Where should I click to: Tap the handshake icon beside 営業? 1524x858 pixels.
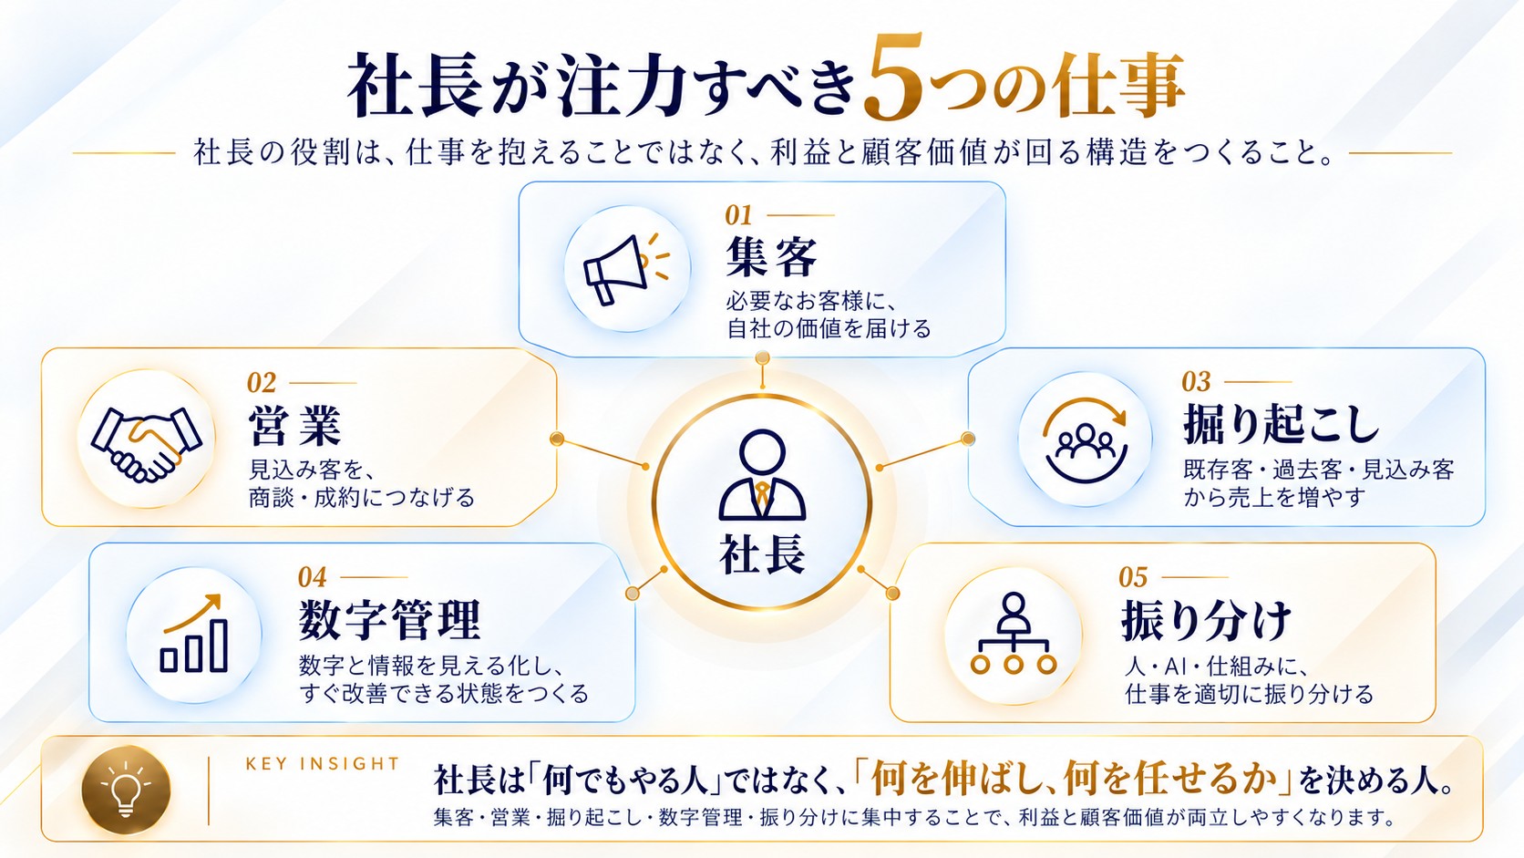click(146, 444)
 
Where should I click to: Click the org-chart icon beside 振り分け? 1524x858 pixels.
click(1013, 634)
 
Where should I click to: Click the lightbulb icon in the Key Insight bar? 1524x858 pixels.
click(126, 790)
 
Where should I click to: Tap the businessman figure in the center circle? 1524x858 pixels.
click(762, 476)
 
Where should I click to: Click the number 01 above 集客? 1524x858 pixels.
click(738, 216)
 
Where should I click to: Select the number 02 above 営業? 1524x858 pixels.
click(262, 383)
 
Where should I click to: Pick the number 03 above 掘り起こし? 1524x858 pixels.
click(1196, 382)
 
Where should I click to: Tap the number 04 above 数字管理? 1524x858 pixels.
click(313, 578)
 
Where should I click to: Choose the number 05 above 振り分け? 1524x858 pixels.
click(1133, 578)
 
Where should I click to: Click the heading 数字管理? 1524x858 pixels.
click(390, 620)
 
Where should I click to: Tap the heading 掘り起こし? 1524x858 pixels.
click(1282, 424)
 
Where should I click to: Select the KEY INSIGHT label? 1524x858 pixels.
click(323, 764)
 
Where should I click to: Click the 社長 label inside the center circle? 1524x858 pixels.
click(762, 554)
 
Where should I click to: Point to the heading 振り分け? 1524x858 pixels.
click(1206, 621)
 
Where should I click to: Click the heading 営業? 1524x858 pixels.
click(294, 426)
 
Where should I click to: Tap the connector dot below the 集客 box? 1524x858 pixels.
click(763, 358)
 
